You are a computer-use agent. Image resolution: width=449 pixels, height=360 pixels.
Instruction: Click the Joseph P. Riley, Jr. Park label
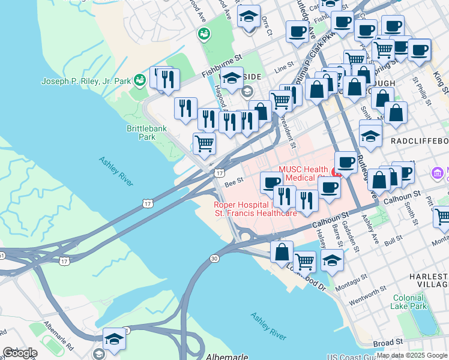click(86, 81)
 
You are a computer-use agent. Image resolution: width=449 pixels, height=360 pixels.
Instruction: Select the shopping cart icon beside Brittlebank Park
click(204, 145)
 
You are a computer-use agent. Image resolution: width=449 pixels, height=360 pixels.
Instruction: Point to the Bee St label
click(234, 179)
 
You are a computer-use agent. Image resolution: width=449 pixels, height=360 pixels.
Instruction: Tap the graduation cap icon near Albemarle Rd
click(114, 339)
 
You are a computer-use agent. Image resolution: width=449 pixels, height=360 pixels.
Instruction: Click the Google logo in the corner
click(20, 353)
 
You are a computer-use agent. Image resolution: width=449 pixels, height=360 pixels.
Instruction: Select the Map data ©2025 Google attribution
click(411, 355)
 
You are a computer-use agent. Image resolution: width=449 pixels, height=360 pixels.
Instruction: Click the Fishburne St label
click(221, 65)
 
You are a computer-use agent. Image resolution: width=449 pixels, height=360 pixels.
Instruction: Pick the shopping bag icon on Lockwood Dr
click(282, 253)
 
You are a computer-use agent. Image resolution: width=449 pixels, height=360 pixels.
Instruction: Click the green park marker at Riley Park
click(140, 79)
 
